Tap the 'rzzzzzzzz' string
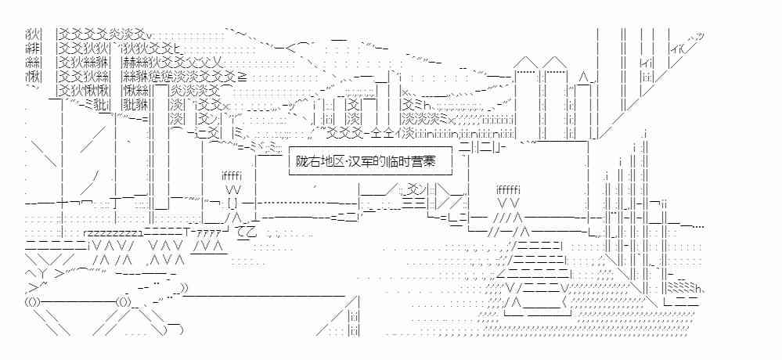(x=112, y=233)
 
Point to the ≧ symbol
(x=242, y=78)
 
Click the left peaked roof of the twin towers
(x=525, y=62)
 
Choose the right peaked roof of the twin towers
(x=554, y=62)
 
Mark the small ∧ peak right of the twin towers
(x=582, y=77)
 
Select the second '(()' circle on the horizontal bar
(x=123, y=301)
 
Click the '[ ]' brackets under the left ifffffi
(x=232, y=204)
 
